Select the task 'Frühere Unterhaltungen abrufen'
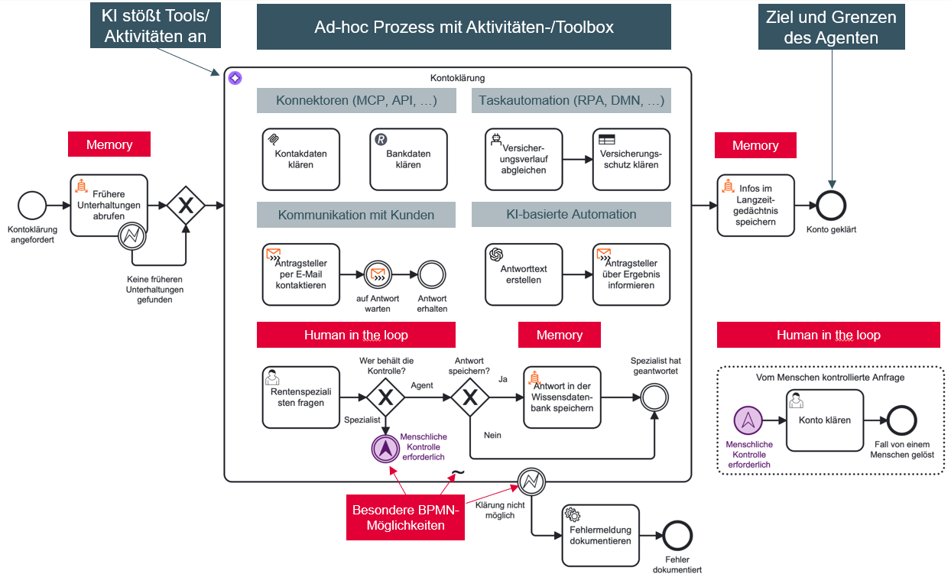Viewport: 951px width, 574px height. tap(109, 205)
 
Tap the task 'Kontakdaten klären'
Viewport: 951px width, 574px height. tap(300, 159)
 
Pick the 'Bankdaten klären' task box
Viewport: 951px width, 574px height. tap(408, 159)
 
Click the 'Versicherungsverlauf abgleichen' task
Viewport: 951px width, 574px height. tap(524, 159)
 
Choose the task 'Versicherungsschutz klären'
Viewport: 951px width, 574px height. tap(631, 159)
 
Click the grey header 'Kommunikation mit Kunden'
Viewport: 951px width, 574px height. tap(355, 215)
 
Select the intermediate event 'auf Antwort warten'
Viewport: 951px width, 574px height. tap(378, 274)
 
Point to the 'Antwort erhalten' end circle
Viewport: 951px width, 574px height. tap(432, 274)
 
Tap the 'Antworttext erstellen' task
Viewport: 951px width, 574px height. tap(524, 274)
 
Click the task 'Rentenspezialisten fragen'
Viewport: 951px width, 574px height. tap(300, 397)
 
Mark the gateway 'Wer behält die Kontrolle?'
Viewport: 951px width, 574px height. tap(386, 397)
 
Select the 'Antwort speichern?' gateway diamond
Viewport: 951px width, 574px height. tap(470, 397)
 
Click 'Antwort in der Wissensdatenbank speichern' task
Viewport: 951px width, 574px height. tap(562, 397)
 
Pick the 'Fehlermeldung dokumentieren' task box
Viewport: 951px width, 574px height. tap(600, 535)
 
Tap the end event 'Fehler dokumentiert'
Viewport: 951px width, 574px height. tap(677, 535)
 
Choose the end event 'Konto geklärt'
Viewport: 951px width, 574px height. tap(831, 205)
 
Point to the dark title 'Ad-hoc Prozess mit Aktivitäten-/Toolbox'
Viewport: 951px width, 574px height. tap(464, 28)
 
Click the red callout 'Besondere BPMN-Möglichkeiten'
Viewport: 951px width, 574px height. tap(406, 517)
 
